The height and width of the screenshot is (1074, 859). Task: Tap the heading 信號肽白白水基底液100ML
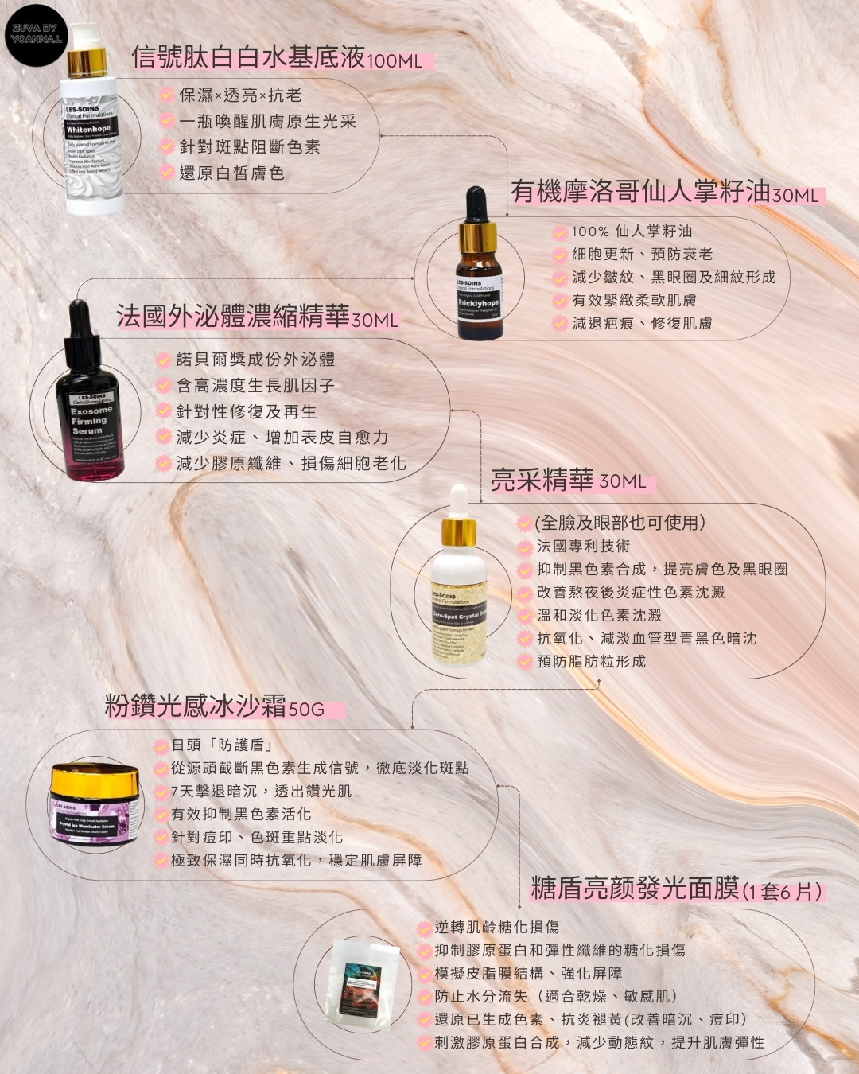[x=277, y=58]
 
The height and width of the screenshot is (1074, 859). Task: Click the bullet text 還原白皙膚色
[x=231, y=173]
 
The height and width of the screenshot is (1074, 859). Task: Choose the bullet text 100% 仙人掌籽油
[x=632, y=232]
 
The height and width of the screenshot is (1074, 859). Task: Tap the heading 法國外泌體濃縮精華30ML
[x=257, y=317]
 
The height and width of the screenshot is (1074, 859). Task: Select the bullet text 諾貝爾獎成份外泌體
[x=255, y=360]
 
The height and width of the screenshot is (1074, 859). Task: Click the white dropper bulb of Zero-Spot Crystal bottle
[x=459, y=501]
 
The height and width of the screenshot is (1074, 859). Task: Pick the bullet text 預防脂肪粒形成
[x=591, y=661]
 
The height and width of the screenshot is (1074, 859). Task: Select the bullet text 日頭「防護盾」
[x=223, y=745]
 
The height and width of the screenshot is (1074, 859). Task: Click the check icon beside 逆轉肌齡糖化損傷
[x=425, y=928]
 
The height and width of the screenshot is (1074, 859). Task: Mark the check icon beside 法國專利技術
[x=524, y=547]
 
